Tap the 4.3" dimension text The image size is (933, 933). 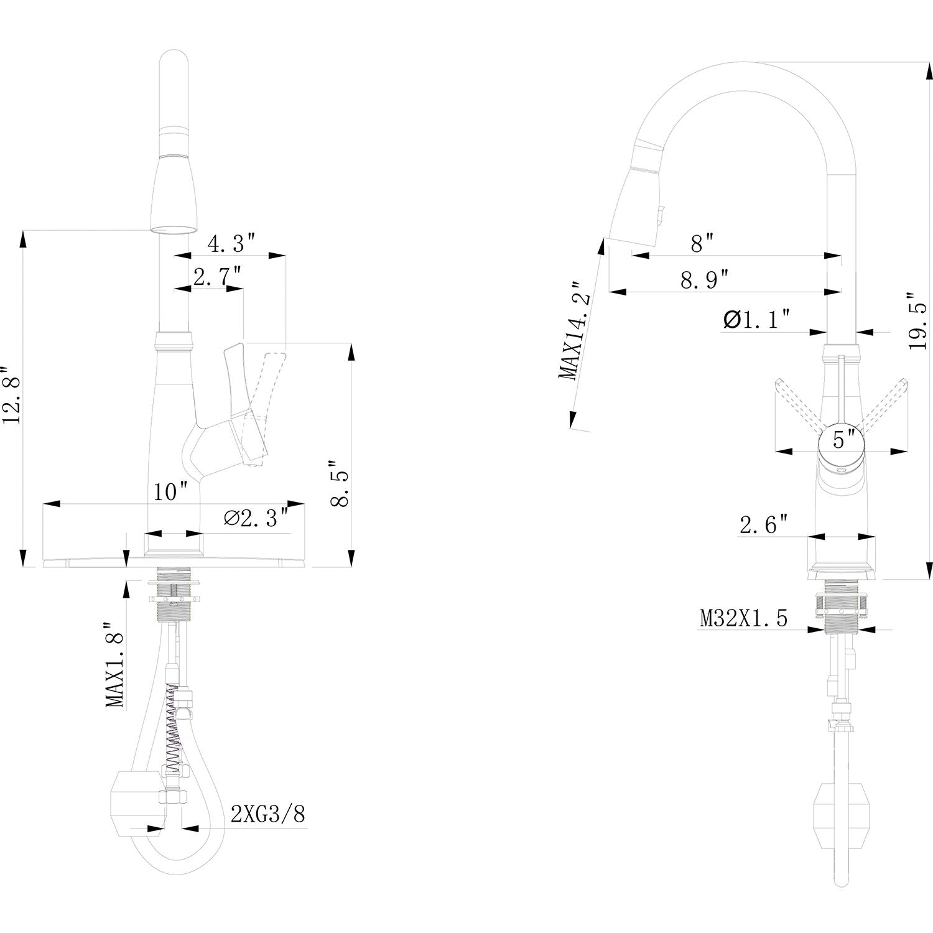pyautogui.click(x=231, y=243)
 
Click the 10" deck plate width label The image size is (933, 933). pyautogui.click(x=171, y=493)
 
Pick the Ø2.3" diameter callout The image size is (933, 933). pyautogui.click(x=256, y=518)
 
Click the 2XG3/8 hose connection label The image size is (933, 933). pyautogui.click(x=268, y=814)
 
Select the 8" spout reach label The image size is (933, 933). pyautogui.click(x=701, y=243)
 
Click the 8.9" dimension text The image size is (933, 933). pyautogui.click(x=704, y=280)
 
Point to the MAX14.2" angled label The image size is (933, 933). pyautogui.click(x=573, y=330)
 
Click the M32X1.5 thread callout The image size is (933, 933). pyautogui.click(x=743, y=618)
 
